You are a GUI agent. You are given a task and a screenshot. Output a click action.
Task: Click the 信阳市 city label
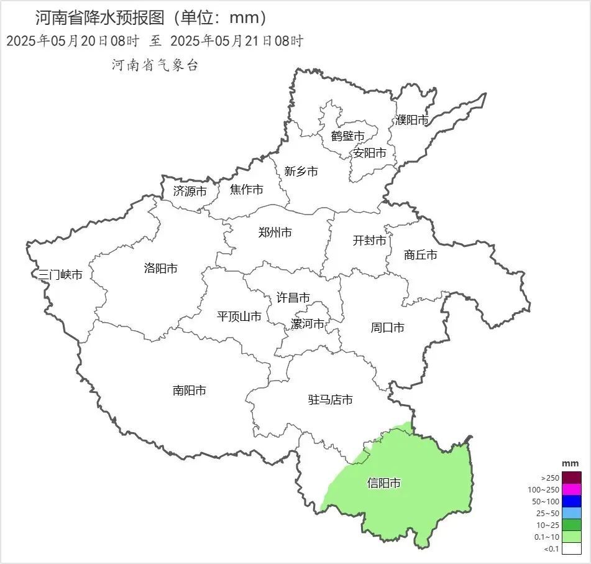(x=383, y=483)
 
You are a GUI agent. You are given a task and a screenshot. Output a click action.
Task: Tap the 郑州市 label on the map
(x=275, y=233)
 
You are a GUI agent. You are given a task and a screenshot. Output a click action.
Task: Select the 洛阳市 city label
(x=160, y=269)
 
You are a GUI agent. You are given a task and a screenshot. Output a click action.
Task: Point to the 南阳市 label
(x=189, y=391)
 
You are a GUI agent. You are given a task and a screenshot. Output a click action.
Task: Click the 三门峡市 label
(x=60, y=275)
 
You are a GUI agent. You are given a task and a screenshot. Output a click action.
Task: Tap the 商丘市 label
(x=420, y=255)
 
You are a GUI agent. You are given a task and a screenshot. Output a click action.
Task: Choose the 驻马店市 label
(x=331, y=400)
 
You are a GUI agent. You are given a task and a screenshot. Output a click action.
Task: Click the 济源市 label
(x=190, y=192)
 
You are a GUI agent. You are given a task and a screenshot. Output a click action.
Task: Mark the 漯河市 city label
(x=308, y=324)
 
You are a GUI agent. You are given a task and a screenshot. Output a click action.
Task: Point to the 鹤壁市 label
(x=347, y=136)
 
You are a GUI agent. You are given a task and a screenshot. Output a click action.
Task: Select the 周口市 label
(x=387, y=327)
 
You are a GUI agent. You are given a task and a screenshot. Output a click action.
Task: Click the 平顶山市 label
(x=239, y=317)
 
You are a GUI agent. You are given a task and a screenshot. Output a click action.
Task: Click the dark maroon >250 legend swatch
(x=572, y=478)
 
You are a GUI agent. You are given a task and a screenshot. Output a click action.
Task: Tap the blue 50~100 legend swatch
(x=572, y=501)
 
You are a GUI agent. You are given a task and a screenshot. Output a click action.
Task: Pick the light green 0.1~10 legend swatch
(x=572, y=537)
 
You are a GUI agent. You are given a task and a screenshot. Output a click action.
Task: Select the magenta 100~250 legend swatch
(x=572, y=489)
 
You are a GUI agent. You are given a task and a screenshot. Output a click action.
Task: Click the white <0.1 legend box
(x=572, y=548)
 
